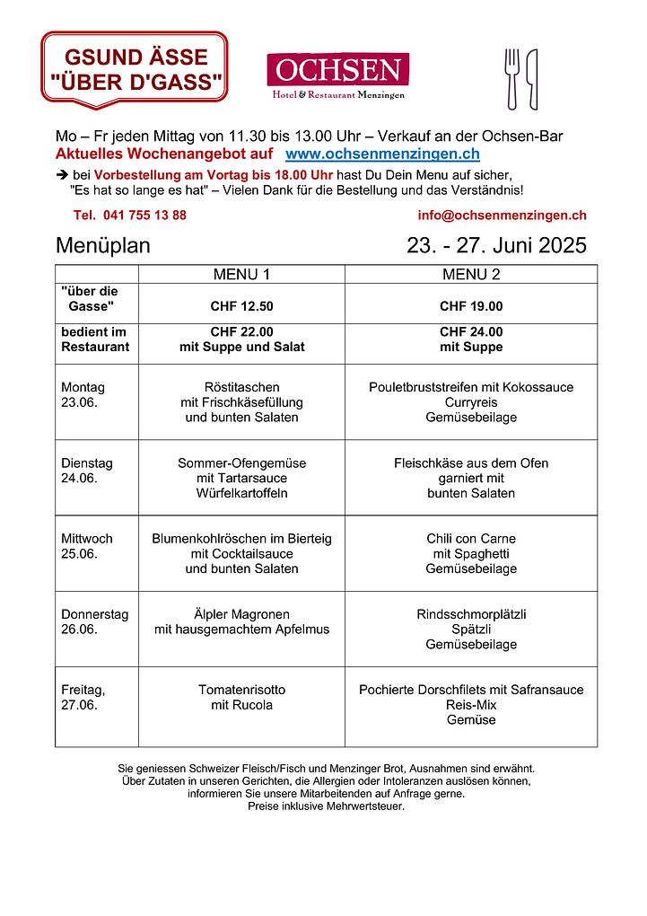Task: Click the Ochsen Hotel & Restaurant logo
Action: tap(337, 75)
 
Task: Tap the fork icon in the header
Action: tap(512, 78)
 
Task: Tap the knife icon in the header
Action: tap(531, 78)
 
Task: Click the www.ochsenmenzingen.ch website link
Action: tap(381, 154)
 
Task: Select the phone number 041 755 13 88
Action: tap(131, 215)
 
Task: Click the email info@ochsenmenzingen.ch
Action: tap(502, 215)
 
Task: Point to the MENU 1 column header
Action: tap(241, 274)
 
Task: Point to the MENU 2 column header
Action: tap(471, 274)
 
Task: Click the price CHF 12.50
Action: tap(241, 306)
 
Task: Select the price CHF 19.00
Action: tap(471, 306)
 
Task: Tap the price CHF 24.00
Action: tap(471, 331)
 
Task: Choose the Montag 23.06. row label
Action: tap(83, 395)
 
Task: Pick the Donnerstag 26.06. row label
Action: tap(94, 621)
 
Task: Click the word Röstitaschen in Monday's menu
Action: tap(241, 387)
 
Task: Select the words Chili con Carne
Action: tap(471, 539)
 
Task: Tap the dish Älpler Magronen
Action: tap(241, 614)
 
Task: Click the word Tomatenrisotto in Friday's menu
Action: tap(241, 690)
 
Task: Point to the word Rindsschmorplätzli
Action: tap(471, 614)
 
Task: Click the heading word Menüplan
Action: tap(103, 246)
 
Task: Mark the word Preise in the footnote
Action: tap(265, 806)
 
